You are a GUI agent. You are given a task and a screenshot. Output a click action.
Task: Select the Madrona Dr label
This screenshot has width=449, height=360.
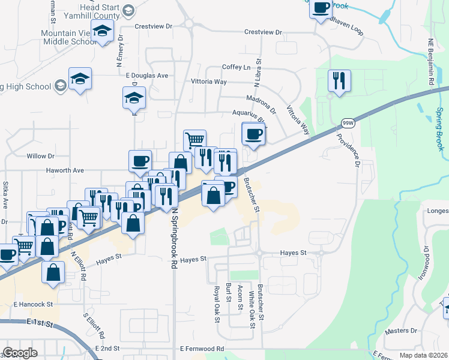pos(261,100)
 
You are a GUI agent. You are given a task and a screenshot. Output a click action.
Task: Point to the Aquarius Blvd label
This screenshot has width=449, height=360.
pos(249,114)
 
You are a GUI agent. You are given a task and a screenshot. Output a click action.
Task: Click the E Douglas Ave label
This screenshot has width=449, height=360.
pos(147,76)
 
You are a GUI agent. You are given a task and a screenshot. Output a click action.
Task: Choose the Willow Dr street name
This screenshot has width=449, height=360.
pos(41,156)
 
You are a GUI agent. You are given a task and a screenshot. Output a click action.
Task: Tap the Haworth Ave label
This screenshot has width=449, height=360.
pos(65,170)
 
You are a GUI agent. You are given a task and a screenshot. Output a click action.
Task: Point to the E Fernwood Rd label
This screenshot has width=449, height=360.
pos(202,348)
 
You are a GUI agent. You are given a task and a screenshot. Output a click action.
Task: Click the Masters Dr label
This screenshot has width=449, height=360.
pos(402,331)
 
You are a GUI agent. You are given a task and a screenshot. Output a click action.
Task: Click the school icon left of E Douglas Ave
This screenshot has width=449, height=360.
pos(80,79)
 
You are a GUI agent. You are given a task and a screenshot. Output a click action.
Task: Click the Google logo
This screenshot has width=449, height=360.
pos(20,353)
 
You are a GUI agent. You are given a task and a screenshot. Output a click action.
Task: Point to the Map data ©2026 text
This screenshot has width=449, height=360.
pos(423,355)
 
